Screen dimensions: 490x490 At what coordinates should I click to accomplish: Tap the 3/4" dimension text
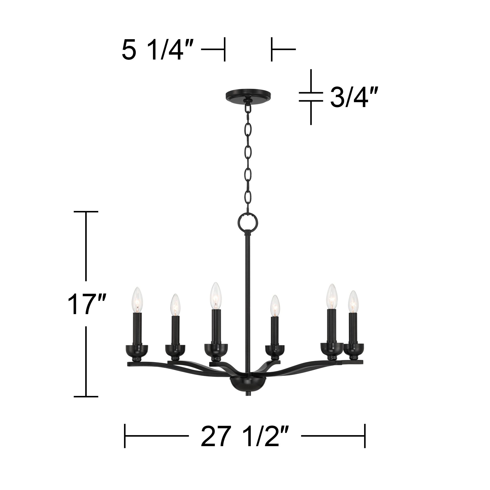coord(352,97)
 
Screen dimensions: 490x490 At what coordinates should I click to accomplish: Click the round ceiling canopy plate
coord(248,95)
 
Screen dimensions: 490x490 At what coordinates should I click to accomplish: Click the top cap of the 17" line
coord(86,211)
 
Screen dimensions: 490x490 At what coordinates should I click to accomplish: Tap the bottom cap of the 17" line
coord(86,396)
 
